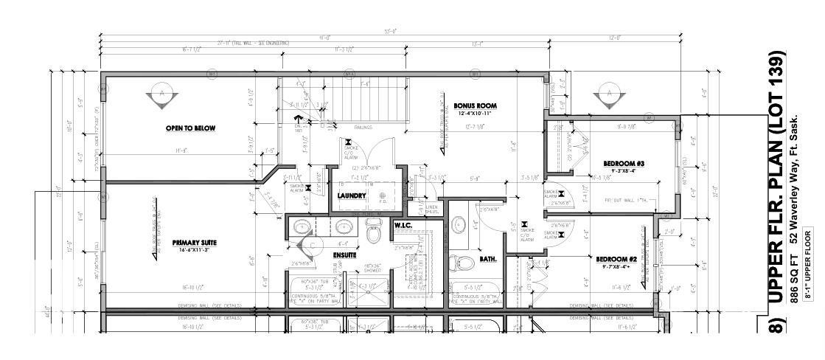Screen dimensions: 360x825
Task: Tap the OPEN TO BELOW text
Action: pyautogui.click(x=190, y=128)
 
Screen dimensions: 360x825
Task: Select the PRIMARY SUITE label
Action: pyautogui.click(x=194, y=242)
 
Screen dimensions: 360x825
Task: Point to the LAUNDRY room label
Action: pyautogui.click(x=352, y=195)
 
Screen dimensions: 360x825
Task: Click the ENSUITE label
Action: pyautogui.click(x=347, y=255)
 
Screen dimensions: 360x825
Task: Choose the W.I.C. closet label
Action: pyautogui.click(x=403, y=224)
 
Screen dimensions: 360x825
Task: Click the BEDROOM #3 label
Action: pyautogui.click(x=604, y=162)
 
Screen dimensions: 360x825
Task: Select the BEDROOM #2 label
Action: pyautogui.click(x=616, y=259)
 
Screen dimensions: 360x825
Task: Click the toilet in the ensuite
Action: pyautogui.click(x=373, y=234)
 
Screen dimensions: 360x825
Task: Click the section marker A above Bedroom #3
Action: pyautogui.click(x=610, y=94)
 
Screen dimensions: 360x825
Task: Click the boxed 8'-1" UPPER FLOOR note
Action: pyautogui.click(x=808, y=266)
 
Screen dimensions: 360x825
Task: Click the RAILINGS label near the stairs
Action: pyautogui.click(x=363, y=127)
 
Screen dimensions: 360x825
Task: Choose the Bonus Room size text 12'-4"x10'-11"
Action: pyautogui.click(x=473, y=113)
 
